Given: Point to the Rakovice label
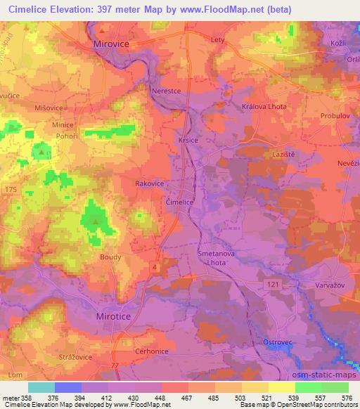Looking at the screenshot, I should [x=149, y=183].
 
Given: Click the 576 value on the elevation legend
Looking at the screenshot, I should [x=346, y=398].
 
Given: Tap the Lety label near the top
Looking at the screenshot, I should [x=217, y=40].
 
